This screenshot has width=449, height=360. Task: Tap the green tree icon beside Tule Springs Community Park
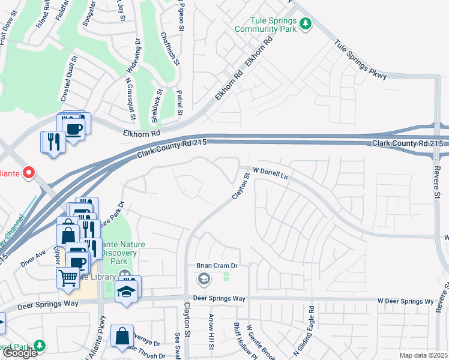[x=306, y=23]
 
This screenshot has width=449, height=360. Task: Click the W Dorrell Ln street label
[x=271, y=171]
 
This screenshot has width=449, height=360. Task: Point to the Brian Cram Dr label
[x=217, y=265]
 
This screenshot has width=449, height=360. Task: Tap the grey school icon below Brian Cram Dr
[x=204, y=278]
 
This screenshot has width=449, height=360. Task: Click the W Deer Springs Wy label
[x=405, y=301]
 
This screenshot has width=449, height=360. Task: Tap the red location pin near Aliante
[x=28, y=173]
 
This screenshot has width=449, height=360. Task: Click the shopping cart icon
[x=68, y=277]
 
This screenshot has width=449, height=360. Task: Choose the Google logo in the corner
[x=20, y=353]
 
